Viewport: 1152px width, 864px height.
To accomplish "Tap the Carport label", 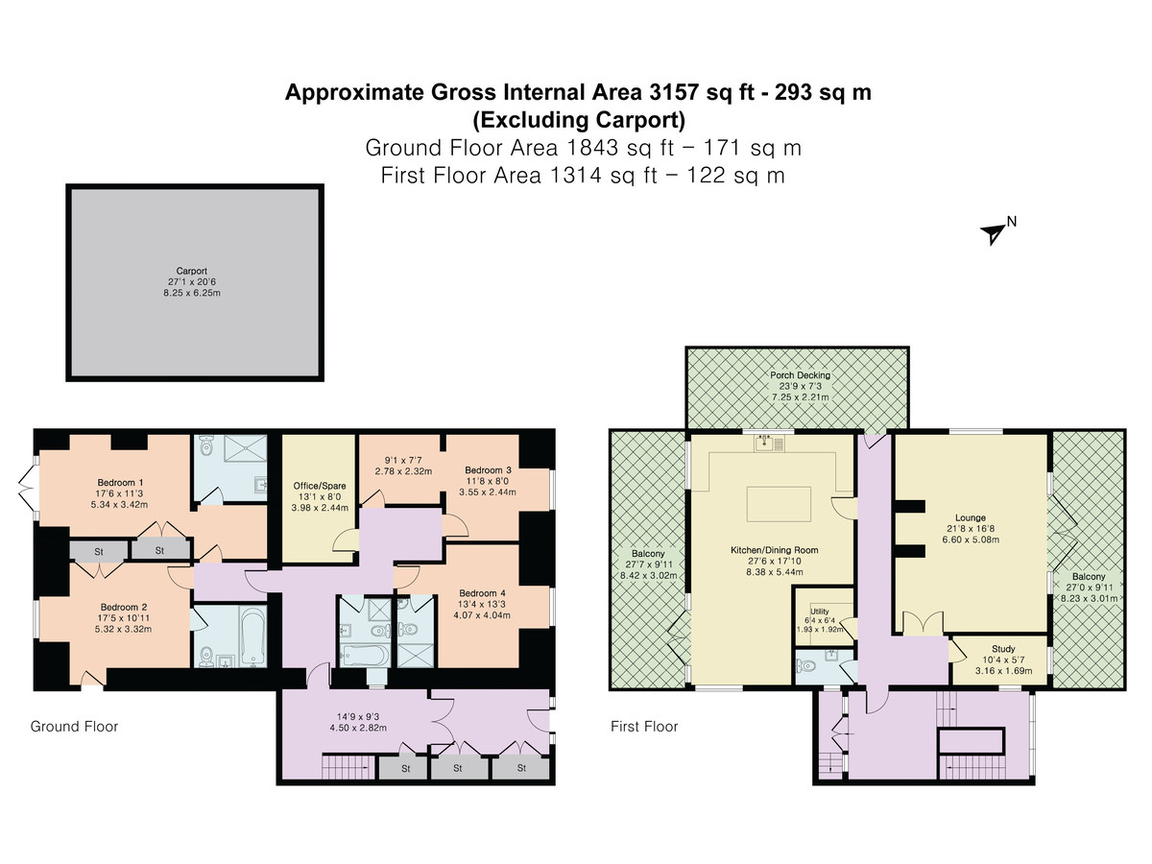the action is [x=192, y=271].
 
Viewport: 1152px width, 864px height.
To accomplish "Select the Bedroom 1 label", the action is [x=120, y=482].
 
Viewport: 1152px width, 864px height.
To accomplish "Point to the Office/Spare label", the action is [x=320, y=486].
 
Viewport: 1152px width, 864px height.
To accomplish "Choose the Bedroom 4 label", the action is [x=482, y=592].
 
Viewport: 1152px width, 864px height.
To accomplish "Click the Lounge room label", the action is [x=971, y=517].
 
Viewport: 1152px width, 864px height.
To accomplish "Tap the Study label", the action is [x=1003, y=648].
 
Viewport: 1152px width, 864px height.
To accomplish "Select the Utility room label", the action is [x=820, y=612].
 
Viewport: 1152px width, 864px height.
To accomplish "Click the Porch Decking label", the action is [x=801, y=375].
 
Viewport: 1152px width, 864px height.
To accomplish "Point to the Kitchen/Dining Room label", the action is [x=775, y=550].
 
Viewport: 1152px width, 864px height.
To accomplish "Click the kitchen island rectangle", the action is [x=779, y=504].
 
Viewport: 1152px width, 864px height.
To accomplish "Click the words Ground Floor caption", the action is [x=75, y=727].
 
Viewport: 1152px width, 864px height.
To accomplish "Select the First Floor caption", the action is [x=644, y=727].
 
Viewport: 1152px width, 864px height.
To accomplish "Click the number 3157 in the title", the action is [x=673, y=92].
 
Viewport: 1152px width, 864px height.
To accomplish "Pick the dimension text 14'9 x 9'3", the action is [x=358, y=716].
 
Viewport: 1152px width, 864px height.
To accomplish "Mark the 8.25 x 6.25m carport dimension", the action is [x=192, y=293].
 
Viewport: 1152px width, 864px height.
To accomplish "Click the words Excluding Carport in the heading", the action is [x=580, y=120].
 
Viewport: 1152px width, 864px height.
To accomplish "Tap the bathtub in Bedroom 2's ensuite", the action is [x=252, y=636].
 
